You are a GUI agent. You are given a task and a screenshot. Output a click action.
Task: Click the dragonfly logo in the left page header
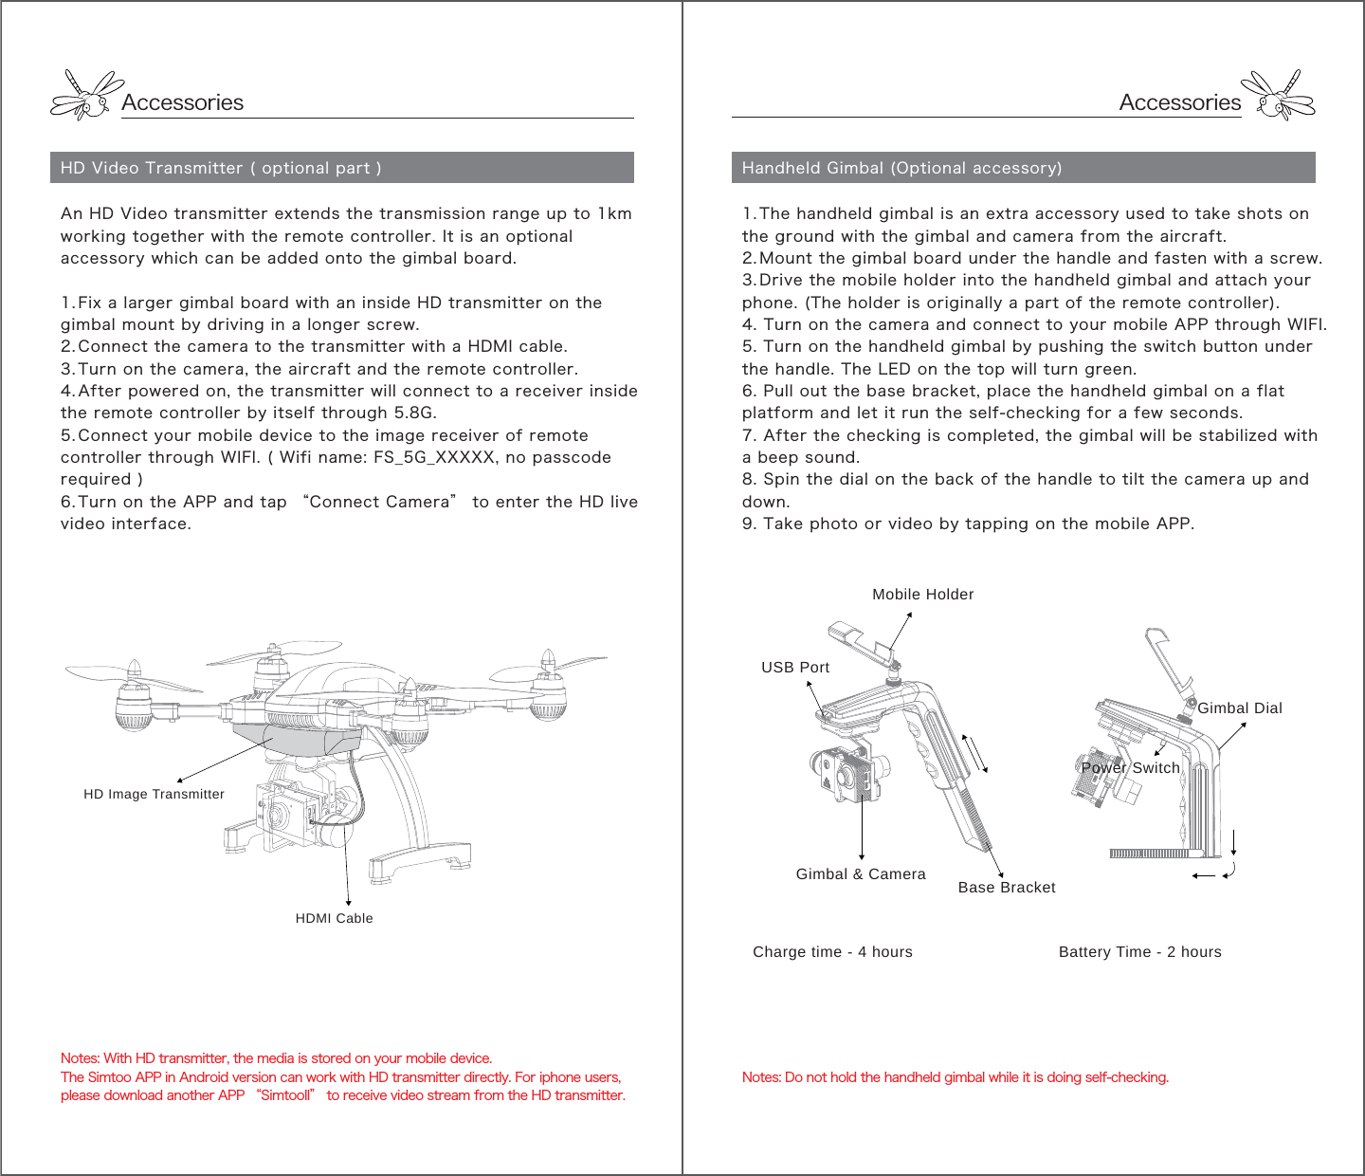tap(85, 95)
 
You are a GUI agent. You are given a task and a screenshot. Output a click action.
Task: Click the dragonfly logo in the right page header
tap(1280, 95)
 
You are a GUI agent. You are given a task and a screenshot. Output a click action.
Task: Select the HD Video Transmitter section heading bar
tap(341, 168)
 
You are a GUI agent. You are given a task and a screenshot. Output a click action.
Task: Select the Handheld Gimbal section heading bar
tap(1023, 168)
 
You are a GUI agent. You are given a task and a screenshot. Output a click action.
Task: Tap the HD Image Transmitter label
tap(154, 795)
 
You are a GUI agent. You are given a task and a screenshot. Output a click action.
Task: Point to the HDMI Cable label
tap(334, 918)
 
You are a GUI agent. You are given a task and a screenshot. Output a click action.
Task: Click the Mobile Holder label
tap(922, 595)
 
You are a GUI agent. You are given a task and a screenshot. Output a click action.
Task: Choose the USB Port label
tap(795, 668)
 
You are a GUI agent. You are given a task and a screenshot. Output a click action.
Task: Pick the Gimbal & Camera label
tap(861, 874)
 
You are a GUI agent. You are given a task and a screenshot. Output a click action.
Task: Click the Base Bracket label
tap(1006, 888)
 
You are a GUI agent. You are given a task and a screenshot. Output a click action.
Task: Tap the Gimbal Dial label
tap(1239, 708)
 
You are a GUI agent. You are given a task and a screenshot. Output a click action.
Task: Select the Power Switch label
tap(1131, 768)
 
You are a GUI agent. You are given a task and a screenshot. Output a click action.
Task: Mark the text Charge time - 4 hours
tap(832, 952)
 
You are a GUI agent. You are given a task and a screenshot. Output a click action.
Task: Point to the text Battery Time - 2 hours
tap(1139, 952)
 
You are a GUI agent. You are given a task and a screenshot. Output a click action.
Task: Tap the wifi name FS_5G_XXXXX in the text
tap(434, 458)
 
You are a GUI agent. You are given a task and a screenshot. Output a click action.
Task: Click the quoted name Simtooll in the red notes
tap(285, 1095)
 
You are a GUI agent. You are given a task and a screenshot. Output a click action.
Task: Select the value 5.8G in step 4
tap(414, 413)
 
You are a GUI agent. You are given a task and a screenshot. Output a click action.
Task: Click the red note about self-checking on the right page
tap(955, 1077)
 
